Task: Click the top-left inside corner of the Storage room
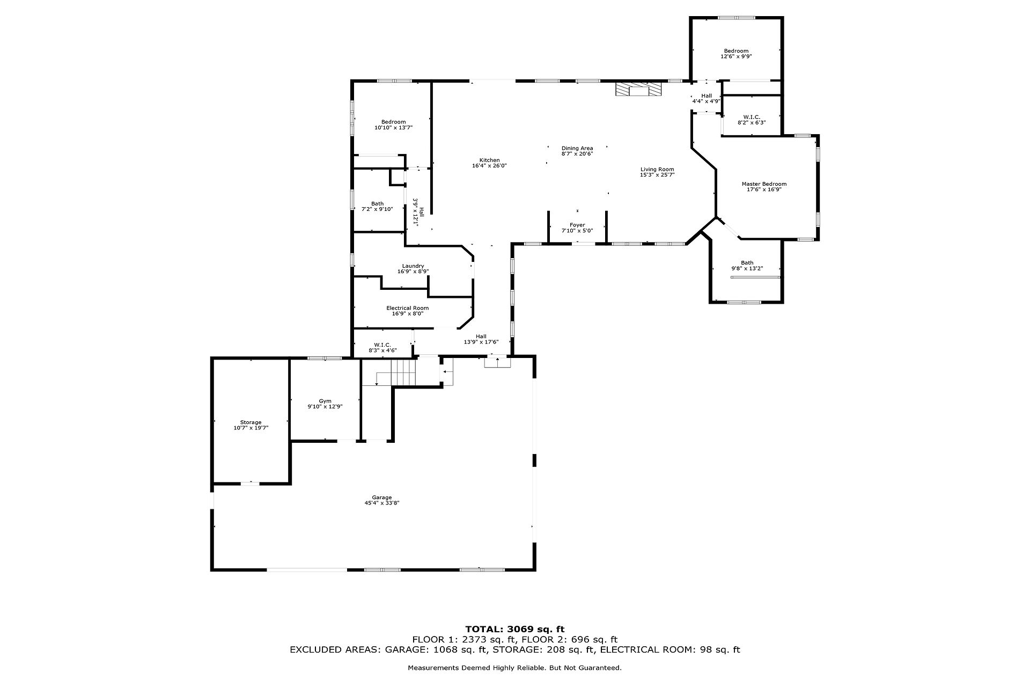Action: [215, 360]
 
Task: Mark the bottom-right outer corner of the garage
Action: [535, 570]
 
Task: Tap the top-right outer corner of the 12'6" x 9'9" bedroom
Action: [783, 17]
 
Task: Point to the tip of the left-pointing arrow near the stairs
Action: [444, 371]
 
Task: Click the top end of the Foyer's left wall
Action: [548, 211]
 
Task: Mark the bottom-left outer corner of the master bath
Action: [710, 303]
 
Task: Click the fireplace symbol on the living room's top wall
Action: [638, 89]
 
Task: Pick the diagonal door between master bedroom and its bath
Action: [729, 228]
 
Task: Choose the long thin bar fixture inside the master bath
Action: [755, 277]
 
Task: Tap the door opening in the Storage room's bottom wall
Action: [250, 484]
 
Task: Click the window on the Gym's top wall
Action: [324, 358]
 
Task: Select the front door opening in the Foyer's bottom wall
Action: [577, 244]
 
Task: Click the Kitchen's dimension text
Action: [489, 166]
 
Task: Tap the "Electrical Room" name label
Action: [408, 308]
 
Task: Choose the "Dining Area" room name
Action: [577, 148]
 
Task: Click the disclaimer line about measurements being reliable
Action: [515, 668]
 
